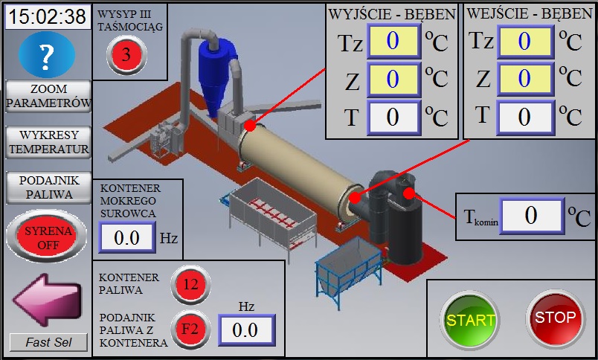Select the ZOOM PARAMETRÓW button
tap(48, 96)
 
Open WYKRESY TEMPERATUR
tap(48, 142)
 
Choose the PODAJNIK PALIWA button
tap(48, 187)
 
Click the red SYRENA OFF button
tap(48, 237)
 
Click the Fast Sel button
tap(48, 342)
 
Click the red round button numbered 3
tap(126, 54)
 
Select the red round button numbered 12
tap(190, 283)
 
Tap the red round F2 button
tap(190, 328)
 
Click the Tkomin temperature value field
tap(530, 216)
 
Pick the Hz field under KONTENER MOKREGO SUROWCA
tap(126, 238)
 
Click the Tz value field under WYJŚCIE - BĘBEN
tap(393, 41)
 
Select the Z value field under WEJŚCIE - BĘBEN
tap(524, 77)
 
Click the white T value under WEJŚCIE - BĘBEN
tap(524, 116)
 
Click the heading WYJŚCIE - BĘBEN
tap(392, 14)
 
